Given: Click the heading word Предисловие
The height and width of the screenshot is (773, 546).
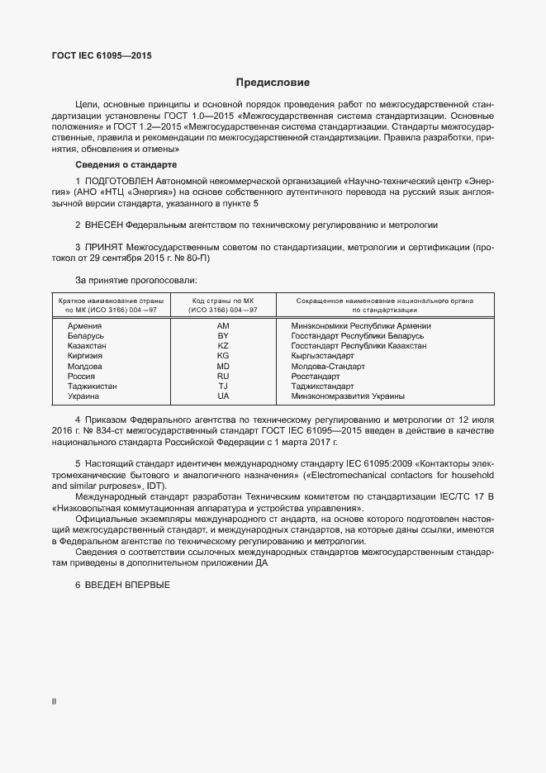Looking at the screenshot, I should (x=273, y=83).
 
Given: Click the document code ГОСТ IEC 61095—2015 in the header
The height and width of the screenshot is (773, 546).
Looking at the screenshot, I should (x=102, y=56).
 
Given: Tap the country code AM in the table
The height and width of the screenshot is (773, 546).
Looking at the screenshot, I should (x=223, y=326).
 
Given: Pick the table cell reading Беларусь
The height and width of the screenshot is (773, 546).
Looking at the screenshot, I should (x=87, y=336).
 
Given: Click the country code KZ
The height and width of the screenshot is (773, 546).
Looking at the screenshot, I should (x=223, y=346).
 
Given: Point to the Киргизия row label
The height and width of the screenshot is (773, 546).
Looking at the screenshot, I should (x=85, y=356).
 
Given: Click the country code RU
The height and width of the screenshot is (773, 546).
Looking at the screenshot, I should (x=223, y=376).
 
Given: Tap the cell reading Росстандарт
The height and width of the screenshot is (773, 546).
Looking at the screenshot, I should (x=316, y=376).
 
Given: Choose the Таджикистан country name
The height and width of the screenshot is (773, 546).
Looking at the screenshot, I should (x=93, y=386).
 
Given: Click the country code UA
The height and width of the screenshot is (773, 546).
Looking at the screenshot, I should (x=223, y=396).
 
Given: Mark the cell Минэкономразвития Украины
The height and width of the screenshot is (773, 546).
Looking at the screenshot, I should (x=348, y=396).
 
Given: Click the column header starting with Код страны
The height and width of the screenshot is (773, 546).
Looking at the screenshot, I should (x=224, y=306).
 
